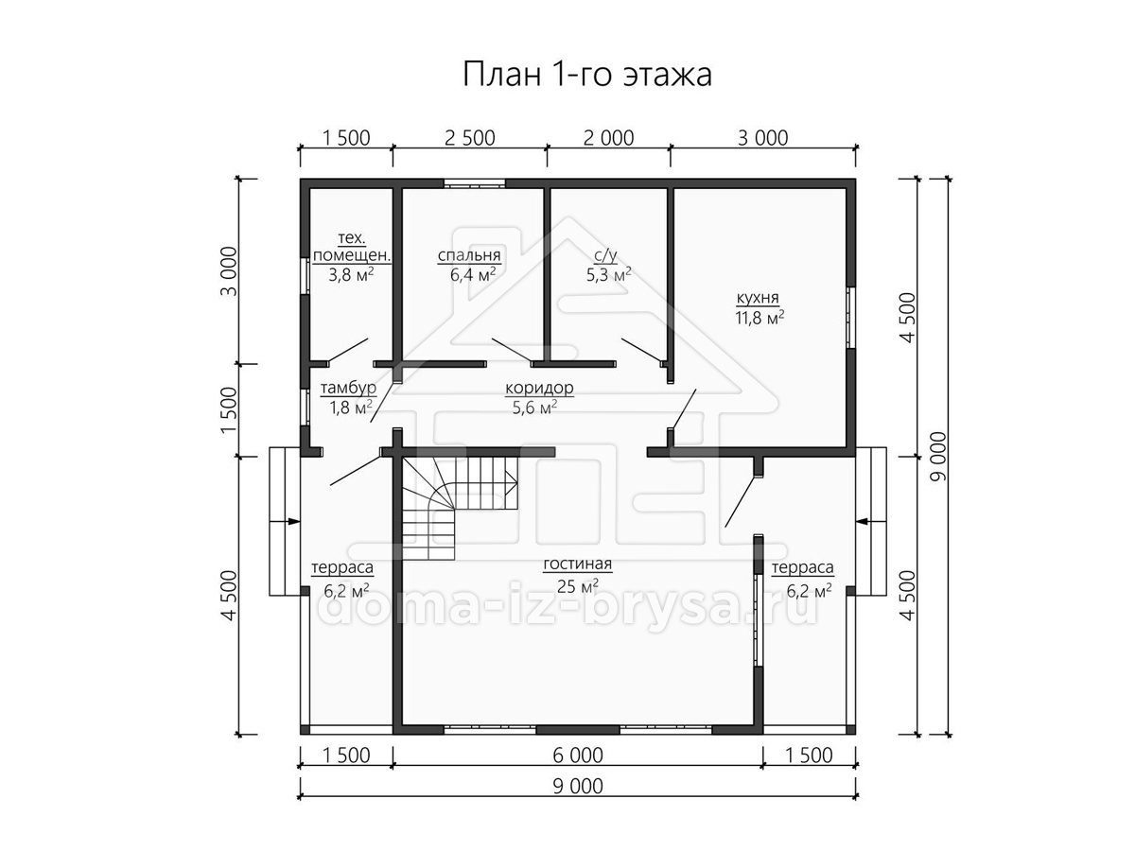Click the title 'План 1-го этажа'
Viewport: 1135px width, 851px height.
[587, 75]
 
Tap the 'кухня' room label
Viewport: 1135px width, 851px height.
[758, 298]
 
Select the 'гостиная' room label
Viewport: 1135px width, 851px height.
[578, 564]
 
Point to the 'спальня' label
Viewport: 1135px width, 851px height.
[469, 255]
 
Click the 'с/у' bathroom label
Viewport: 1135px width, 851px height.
[606, 255]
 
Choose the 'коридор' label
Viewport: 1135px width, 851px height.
[539, 388]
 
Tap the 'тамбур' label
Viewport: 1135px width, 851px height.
[348, 388]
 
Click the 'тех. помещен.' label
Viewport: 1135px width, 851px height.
[352, 247]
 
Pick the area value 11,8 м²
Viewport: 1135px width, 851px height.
[760, 318]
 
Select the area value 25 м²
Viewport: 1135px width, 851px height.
[578, 586]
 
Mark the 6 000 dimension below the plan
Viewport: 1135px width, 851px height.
[578, 755]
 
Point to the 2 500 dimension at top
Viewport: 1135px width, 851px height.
[469, 138]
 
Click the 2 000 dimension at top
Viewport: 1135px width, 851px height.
[608, 138]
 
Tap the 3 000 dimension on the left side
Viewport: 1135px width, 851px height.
[229, 271]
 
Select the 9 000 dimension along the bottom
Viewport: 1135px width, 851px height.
[578, 787]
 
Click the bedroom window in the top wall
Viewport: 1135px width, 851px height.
[474, 182]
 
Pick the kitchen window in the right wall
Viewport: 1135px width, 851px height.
[850, 318]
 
